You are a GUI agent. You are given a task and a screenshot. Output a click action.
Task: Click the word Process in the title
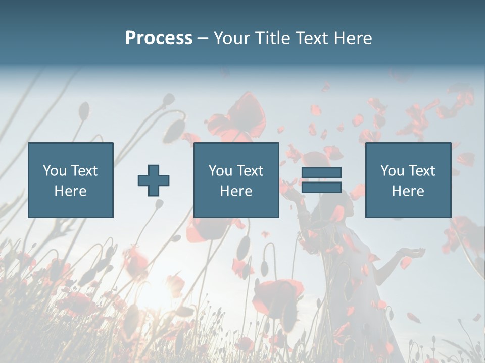click(x=159, y=38)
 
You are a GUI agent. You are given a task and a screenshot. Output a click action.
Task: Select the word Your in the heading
click(x=232, y=38)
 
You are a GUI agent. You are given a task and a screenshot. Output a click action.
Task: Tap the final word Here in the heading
click(x=353, y=38)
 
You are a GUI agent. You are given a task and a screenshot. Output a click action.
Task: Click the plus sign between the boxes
click(x=154, y=180)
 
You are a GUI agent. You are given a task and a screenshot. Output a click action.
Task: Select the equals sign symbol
click(x=321, y=180)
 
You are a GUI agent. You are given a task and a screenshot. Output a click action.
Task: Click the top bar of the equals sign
click(x=321, y=173)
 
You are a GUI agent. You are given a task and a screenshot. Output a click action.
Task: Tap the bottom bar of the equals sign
click(x=321, y=188)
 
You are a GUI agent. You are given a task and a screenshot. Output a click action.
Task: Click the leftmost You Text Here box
click(x=71, y=180)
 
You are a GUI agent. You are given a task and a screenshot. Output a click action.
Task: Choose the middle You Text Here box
click(x=236, y=180)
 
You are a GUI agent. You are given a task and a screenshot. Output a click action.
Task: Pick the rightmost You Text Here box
click(x=408, y=180)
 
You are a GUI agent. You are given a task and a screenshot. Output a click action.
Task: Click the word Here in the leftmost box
click(x=71, y=191)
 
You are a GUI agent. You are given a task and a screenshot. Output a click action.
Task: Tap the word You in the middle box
click(x=220, y=171)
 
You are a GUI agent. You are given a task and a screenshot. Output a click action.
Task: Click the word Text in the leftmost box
click(x=84, y=171)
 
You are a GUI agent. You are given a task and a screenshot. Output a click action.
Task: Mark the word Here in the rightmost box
click(x=408, y=191)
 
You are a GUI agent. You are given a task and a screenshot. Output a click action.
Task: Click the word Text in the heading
click(x=312, y=38)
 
